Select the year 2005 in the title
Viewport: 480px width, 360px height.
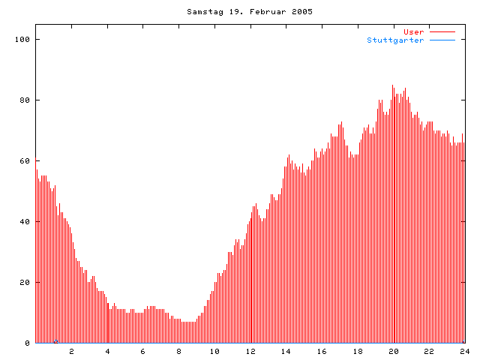coord(303,12)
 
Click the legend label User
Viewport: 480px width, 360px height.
coord(414,32)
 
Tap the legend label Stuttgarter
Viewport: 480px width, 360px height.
coord(395,40)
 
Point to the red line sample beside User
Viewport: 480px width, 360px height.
coord(442,32)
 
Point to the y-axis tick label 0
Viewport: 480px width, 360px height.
coord(28,343)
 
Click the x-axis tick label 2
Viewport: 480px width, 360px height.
coord(72,351)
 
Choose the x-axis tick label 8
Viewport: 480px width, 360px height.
coord(179,351)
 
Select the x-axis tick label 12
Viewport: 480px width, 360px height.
coord(250,351)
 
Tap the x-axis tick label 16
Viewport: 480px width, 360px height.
coord(322,351)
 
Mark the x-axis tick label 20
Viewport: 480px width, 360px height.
coord(393,351)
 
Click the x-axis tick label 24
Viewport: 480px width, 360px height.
coord(464,351)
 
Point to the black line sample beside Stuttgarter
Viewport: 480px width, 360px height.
coord(442,40)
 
